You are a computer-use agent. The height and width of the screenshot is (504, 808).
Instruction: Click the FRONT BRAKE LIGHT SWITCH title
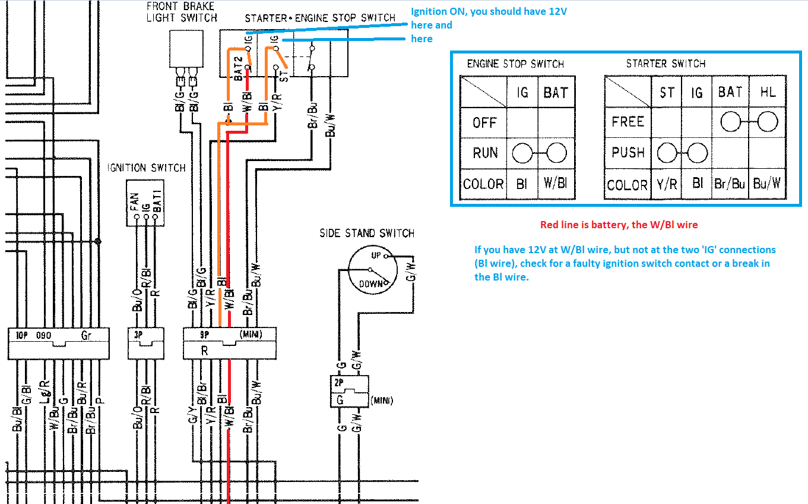(182, 12)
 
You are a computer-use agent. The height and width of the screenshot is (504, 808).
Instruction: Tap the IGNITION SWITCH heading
(147, 168)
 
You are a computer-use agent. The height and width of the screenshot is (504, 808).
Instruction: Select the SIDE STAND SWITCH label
(367, 233)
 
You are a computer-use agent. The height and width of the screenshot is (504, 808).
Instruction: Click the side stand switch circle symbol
(371, 270)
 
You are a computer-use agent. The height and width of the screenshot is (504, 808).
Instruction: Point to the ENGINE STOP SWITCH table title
(515, 64)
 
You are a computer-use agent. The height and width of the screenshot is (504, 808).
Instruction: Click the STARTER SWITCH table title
(666, 64)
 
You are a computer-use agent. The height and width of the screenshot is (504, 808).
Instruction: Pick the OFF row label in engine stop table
(484, 123)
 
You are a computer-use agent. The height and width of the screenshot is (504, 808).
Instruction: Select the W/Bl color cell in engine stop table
(556, 184)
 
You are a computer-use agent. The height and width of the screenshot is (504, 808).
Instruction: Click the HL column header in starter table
(767, 92)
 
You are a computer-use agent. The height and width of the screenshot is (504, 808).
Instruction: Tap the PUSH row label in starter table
(628, 153)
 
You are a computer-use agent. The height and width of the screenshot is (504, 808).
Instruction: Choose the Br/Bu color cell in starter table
(730, 184)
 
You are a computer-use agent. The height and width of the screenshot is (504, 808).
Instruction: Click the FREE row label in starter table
(628, 122)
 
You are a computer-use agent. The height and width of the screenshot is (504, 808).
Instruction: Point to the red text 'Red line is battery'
(619, 225)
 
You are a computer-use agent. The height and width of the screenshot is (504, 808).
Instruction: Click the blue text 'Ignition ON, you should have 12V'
(489, 12)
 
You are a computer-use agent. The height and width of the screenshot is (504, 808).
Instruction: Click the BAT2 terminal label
(237, 68)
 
